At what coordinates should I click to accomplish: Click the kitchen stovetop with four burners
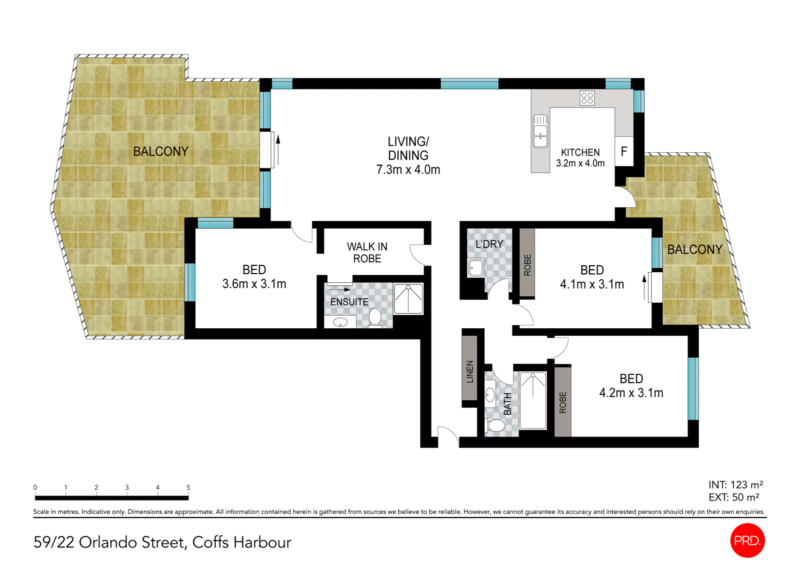click(x=587, y=98)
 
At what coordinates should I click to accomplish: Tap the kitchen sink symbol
click(x=540, y=131)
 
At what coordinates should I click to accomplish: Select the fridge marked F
click(x=624, y=151)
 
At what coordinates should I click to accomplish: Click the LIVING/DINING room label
click(x=408, y=155)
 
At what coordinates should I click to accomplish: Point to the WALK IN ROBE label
click(x=367, y=253)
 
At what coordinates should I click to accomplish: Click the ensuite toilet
click(x=375, y=318)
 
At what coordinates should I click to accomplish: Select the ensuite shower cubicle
click(x=408, y=299)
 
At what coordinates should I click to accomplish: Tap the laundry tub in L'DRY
click(x=475, y=268)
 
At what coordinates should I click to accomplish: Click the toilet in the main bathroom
click(x=496, y=426)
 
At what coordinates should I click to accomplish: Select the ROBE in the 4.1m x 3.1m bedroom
click(x=527, y=263)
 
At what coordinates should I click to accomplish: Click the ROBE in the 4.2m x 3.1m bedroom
click(x=562, y=402)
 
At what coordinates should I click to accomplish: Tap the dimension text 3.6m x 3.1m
click(x=254, y=284)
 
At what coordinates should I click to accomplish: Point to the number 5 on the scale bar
click(x=188, y=488)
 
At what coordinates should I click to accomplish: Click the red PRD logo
click(x=747, y=540)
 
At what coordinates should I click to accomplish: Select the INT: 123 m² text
click(x=735, y=485)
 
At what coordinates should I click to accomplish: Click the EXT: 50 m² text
click(x=733, y=498)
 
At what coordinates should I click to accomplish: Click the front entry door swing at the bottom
click(x=448, y=436)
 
